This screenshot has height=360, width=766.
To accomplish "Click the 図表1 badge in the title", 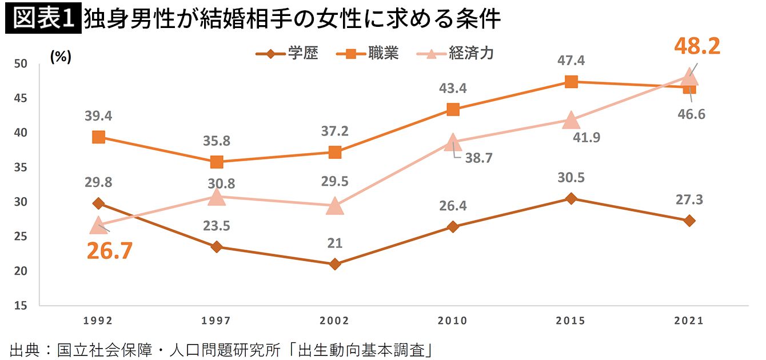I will click(x=42, y=19).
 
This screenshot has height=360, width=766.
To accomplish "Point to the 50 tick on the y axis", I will click(x=21, y=63).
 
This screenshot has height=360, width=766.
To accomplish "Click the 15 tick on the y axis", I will click(x=21, y=306).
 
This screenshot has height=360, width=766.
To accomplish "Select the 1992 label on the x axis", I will click(x=98, y=321).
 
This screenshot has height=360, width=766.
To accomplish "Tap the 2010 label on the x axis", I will click(x=453, y=321).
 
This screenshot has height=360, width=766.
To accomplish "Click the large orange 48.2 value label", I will click(x=697, y=46).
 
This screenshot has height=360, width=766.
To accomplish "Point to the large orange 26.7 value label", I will click(x=110, y=250).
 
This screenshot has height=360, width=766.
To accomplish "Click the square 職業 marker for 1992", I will click(x=98, y=137).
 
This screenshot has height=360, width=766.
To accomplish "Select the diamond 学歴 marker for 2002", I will click(x=335, y=264).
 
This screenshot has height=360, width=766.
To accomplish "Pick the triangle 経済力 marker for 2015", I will click(x=570, y=119).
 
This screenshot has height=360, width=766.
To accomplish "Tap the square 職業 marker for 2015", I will click(x=570, y=82).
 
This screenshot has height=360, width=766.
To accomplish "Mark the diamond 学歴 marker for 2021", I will click(x=689, y=221).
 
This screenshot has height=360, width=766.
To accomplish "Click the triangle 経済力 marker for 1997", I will click(x=217, y=197).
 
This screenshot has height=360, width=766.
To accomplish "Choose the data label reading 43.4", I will click(x=453, y=89).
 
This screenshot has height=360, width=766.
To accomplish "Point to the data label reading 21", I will click(x=335, y=243).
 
